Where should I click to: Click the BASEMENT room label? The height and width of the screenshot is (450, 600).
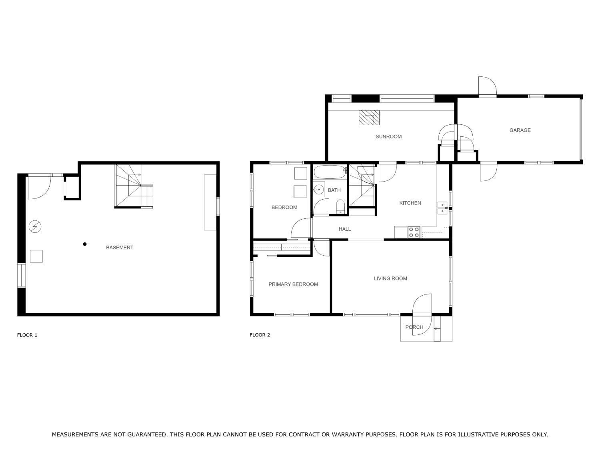click(120, 248)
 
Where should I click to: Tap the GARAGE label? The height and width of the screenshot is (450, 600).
click(520, 130)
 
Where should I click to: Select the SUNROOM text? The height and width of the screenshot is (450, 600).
click(388, 137)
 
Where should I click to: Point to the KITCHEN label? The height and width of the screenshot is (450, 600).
click(410, 203)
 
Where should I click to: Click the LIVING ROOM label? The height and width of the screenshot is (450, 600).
click(390, 278)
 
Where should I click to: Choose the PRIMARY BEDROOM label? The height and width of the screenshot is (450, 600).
click(293, 284)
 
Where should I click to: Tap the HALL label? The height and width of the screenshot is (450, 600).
click(345, 229)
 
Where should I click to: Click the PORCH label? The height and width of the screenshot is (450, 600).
click(414, 327)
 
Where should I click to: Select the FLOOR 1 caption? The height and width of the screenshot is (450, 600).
click(27, 335)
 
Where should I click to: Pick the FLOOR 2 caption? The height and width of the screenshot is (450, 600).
click(260, 335)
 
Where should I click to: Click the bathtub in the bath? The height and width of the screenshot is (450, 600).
click(330, 172)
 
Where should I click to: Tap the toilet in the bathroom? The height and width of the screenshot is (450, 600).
click(340, 206)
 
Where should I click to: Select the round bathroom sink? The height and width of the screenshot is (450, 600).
click(319, 189)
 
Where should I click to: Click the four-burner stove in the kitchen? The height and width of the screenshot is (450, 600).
click(414, 232)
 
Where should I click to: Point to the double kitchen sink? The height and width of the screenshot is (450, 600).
click(442, 208)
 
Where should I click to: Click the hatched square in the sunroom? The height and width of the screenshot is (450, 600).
click(369, 118)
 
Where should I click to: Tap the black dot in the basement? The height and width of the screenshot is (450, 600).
click(85, 244)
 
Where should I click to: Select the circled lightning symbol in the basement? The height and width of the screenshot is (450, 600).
click(35, 226)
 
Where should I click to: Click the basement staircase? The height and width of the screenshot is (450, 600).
click(133, 186)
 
